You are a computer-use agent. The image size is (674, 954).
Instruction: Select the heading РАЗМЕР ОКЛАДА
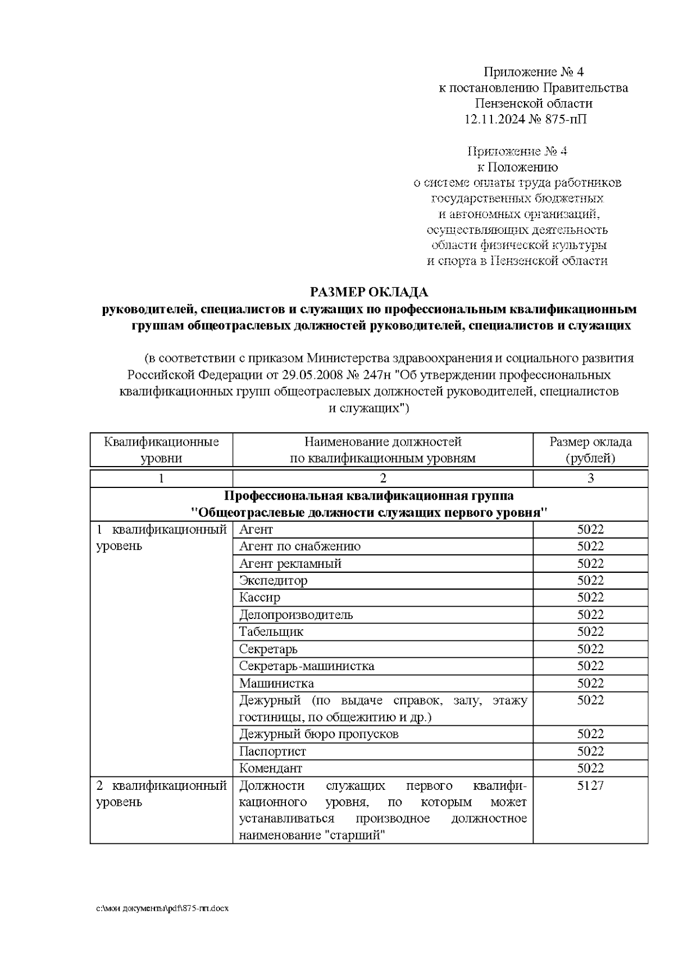point(370,292)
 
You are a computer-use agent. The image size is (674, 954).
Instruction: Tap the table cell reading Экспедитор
point(274,580)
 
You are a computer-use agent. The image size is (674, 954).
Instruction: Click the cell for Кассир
point(259,597)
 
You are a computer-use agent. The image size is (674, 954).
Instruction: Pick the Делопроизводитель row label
point(296,614)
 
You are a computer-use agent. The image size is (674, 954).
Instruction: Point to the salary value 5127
point(590,785)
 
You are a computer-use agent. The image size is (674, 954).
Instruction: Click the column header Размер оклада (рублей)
point(590,450)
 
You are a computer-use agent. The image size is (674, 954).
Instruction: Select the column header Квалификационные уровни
point(161,450)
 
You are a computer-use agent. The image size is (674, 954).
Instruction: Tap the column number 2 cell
point(382,478)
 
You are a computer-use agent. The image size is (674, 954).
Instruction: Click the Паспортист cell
point(272,751)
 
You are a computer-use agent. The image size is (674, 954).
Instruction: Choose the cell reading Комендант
point(271,768)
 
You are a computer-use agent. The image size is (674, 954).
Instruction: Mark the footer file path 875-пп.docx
point(163,908)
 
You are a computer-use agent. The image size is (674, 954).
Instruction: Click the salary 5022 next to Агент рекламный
point(590,563)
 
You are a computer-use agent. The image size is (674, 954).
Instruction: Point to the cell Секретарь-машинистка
point(307,666)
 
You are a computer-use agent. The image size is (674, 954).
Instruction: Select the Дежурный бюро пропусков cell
point(318,734)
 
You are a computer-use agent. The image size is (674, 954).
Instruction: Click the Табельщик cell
point(271,631)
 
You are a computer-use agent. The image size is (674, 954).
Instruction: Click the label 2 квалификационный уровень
point(161,793)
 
